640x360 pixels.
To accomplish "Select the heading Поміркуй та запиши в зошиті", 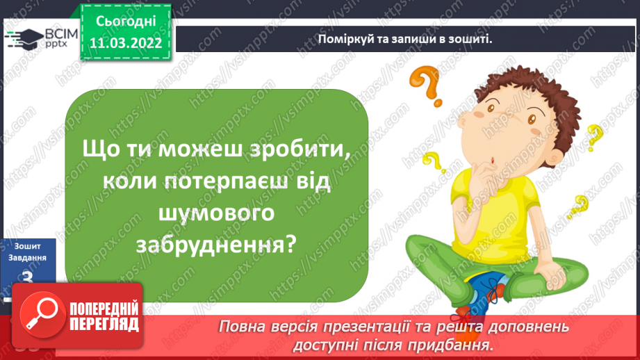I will [x=404, y=39].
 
